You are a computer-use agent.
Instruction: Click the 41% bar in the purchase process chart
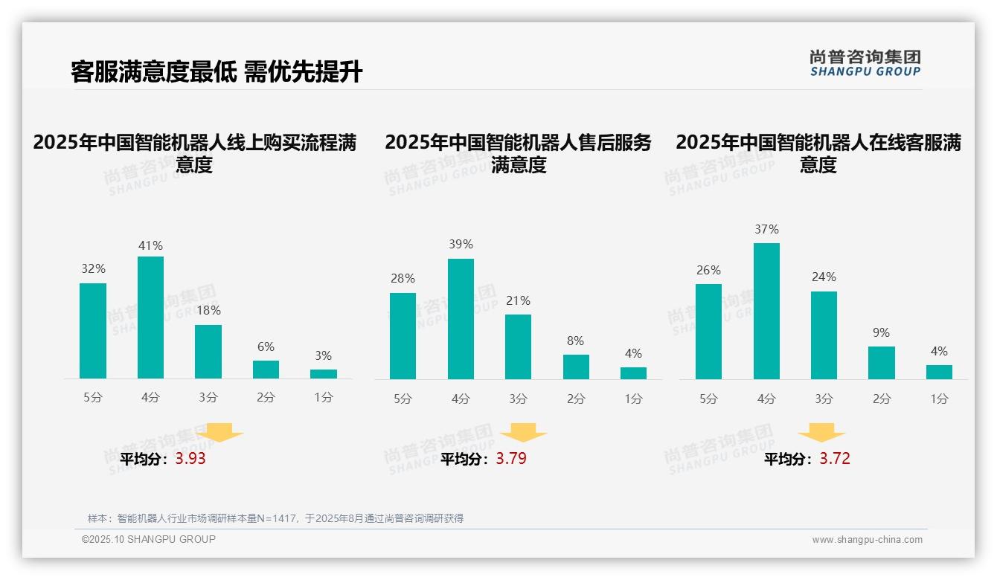[150, 318]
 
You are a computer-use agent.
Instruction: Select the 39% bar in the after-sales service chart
[461, 319]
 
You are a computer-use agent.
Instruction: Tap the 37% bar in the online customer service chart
[766, 311]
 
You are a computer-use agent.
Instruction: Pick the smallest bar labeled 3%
[324, 374]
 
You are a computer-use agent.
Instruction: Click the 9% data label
[881, 332]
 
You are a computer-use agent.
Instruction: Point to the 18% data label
[208, 310]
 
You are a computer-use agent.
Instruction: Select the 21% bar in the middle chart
[518, 347]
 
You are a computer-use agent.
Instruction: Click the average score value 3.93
[190, 459]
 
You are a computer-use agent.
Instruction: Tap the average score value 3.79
[511, 459]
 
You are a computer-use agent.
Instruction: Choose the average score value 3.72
[835, 459]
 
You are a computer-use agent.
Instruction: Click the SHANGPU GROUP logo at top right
[865, 63]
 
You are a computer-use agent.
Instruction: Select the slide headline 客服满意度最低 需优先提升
[217, 72]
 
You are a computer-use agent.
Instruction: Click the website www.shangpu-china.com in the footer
[867, 540]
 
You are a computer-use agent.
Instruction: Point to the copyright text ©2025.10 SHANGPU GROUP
[149, 539]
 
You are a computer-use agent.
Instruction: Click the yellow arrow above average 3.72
[821, 433]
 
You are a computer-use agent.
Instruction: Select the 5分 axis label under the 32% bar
[93, 397]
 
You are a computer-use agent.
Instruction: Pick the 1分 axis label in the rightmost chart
[939, 399]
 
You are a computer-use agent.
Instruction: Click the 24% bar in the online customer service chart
[824, 335]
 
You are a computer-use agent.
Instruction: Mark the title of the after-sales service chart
[518, 153]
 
